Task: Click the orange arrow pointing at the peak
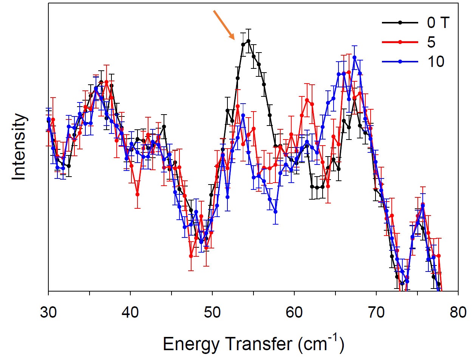[224, 25]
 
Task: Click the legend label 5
[431, 42]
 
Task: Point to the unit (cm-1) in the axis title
[320, 342]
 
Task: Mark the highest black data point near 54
[248, 41]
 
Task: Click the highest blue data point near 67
[354, 57]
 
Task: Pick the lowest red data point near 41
[138, 194]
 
